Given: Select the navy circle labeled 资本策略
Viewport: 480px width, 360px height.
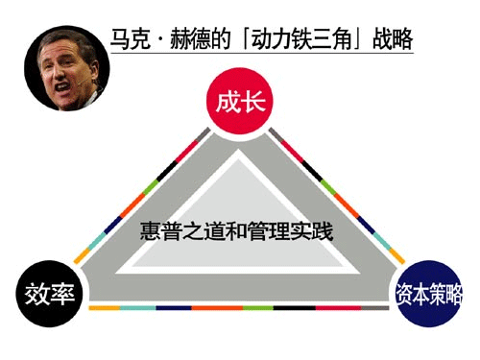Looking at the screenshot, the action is point(429,294).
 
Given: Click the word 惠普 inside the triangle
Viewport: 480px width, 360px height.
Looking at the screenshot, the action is point(158,230).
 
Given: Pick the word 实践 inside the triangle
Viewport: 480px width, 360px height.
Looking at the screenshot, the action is point(313,230).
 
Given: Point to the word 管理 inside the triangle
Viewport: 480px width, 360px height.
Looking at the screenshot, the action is point(271,230).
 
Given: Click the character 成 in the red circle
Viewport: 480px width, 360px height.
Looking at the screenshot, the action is point(227,101).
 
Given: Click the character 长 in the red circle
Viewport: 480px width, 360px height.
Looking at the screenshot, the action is point(252,101).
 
